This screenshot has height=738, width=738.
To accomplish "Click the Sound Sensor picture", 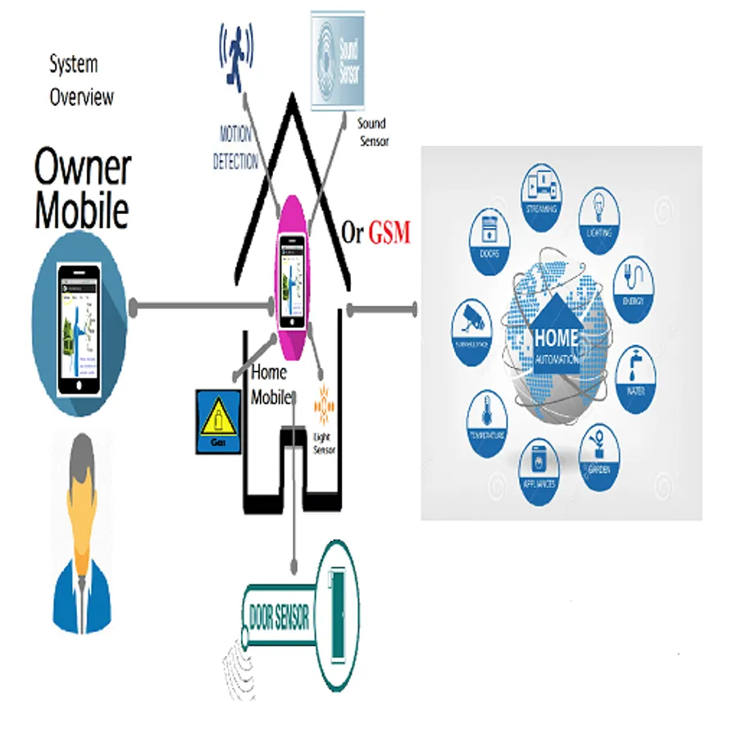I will pos(338,59).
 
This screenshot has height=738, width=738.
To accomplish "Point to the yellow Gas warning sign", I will pos(217,421).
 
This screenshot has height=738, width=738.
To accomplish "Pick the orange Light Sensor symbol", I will pos(324,404).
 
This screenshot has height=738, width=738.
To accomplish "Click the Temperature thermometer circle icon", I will pos(489,416).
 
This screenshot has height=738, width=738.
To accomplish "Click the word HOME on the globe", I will pos(557,337).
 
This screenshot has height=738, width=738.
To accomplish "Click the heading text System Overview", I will pos(81,80).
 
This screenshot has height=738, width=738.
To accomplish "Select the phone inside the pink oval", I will pos(293,280).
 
